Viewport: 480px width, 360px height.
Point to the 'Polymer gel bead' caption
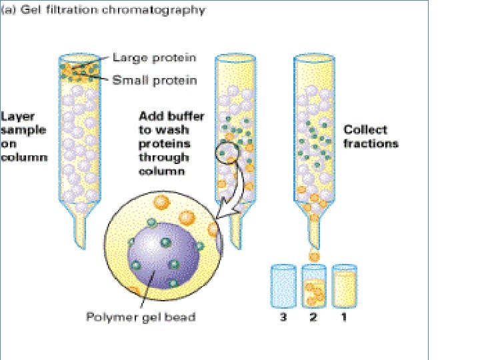tap(141, 316)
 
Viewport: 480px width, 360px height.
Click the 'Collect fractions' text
tap(370, 136)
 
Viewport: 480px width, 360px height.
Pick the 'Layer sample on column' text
tap(24, 136)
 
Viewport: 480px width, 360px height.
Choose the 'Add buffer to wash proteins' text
tap(164, 136)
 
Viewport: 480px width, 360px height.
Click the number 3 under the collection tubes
tap(283, 317)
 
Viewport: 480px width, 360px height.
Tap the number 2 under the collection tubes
tap(314, 317)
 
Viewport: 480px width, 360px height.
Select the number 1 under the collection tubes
tap(343, 317)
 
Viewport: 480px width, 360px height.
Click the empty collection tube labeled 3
tap(283, 286)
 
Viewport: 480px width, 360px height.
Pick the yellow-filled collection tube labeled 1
tap(344, 286)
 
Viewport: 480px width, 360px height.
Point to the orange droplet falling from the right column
tap(313, 255)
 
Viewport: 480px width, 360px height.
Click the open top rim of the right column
tap(313, 59)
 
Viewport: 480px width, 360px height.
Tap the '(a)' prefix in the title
tap(9, 11)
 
